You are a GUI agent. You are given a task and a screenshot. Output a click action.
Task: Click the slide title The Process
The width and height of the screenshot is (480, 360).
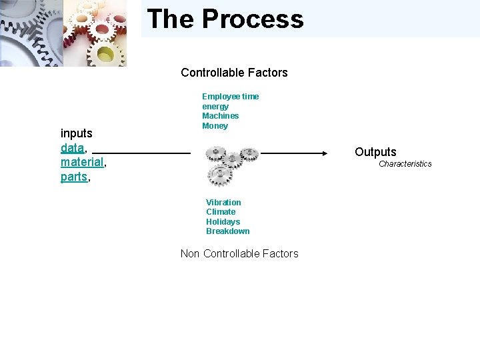(225, 19)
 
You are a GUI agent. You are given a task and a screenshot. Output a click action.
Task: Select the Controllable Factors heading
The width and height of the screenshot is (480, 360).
(234, 73)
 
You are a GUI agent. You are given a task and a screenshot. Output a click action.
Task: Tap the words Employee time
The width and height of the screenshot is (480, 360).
(230, 97)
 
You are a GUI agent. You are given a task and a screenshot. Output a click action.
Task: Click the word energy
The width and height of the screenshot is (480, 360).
(215, 107)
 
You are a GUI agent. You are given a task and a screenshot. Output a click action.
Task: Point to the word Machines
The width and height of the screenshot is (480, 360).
(220, 116)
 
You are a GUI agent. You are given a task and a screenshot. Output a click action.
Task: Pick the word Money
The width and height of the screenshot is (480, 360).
(215, 126)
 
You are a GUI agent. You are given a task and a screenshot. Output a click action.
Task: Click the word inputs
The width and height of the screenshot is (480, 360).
(76, 133)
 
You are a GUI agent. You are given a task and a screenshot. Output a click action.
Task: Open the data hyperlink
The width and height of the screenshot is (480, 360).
(72, 148)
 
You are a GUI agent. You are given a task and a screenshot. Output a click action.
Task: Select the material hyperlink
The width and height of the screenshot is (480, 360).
(82, 162)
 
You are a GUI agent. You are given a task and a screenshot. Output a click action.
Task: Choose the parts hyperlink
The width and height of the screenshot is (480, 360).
(73, 177)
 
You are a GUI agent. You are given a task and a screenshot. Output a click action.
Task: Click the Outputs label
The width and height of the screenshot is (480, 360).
(375, 152)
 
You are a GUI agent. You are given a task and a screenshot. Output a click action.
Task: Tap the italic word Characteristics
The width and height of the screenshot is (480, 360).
(405, 164)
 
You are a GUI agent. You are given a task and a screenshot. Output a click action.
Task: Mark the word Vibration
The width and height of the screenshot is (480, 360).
(223, 203)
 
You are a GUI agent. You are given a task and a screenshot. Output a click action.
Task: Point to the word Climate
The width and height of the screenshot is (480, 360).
(221, 212)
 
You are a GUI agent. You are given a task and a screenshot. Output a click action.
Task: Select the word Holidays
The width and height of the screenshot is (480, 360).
(223, 222)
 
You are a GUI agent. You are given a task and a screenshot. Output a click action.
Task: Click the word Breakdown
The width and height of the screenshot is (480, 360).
(227, 231)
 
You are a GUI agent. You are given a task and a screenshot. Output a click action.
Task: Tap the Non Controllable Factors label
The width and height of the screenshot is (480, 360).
(239, 253)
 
